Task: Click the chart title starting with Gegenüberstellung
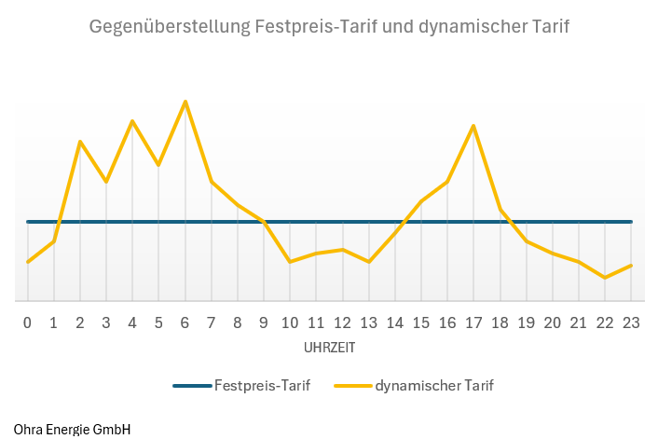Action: [x=329, y=26]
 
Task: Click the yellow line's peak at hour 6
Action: [x=185, y=101]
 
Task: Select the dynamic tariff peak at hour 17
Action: [x=473, y=125]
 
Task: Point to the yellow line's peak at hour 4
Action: [x=132, y=121]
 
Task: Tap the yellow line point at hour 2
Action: [x=80, y=142]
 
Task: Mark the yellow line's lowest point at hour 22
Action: [x=605, y=278]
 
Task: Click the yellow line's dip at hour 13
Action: [x=369, y=262]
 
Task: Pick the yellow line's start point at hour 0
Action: [x=28, y=262]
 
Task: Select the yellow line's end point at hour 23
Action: [x=631, y=266]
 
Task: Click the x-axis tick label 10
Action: [x=290, y=322]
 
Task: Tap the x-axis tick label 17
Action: [x=473, y=322]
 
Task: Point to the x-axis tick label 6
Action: [x=185, y=322]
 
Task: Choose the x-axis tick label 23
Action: [x=631, y=322]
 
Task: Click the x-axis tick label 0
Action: [x=28, y=322]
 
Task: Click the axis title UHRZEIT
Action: [x=329, y=347]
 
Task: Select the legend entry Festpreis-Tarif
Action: [x=262, y=384]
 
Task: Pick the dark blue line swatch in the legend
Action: [x=191, y=384]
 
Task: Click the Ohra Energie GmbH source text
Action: [x=72, y=430]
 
